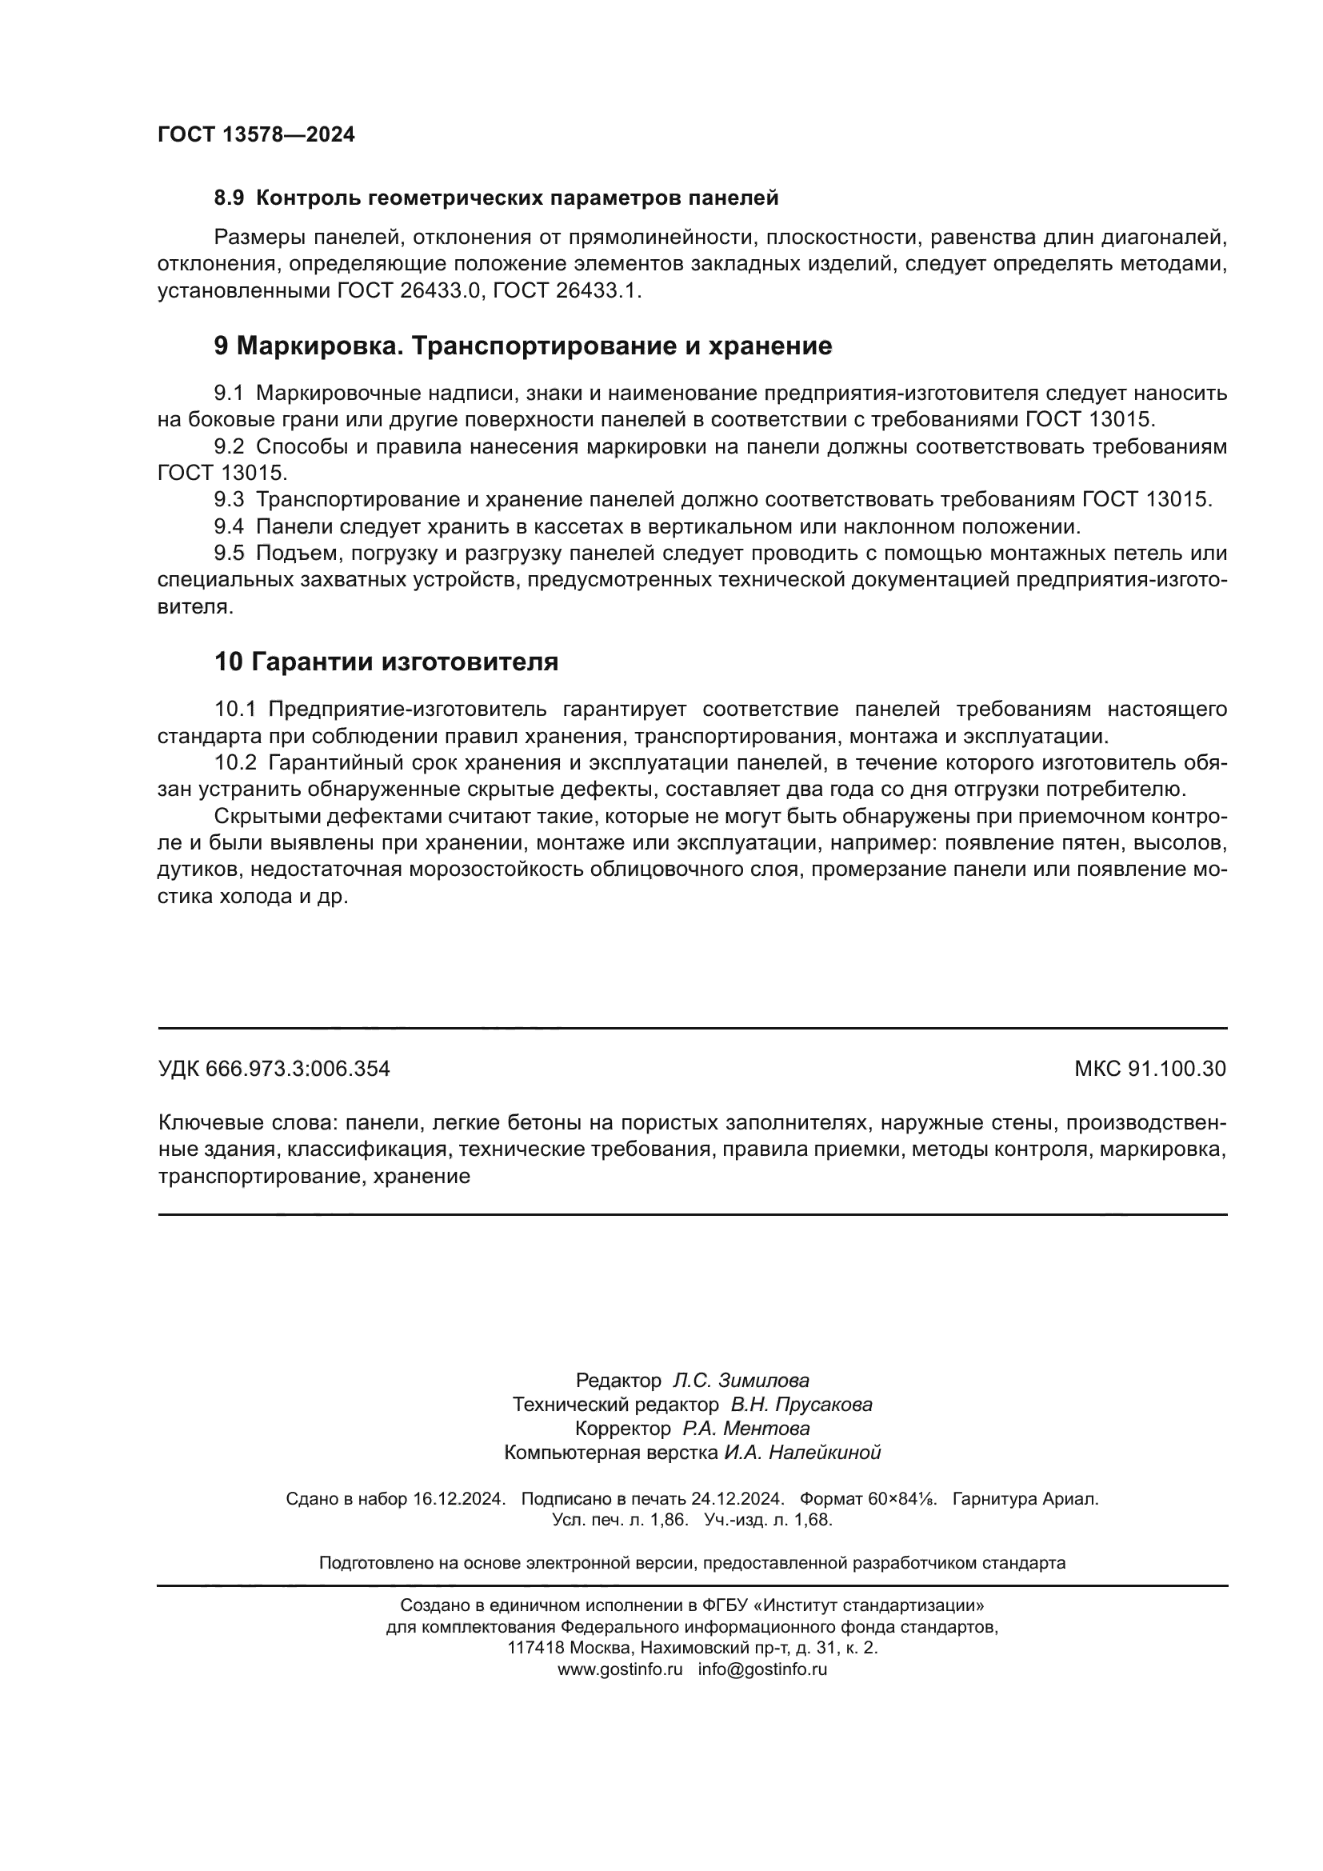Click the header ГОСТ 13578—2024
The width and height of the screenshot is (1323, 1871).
256,135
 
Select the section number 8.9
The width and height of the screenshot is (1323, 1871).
228,198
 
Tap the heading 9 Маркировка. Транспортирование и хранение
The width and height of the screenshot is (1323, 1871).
522,346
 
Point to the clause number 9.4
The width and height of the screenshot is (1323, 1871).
228,526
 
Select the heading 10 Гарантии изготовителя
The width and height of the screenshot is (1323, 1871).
386,662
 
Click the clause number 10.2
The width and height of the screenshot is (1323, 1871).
234,763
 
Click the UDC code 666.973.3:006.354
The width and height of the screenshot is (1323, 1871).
298,1069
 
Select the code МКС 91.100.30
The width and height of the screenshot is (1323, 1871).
1149,1069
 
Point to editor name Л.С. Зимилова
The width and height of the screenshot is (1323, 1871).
741,1381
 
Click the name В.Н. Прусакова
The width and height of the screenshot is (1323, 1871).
801,1404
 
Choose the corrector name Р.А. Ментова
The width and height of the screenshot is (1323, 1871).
746,1429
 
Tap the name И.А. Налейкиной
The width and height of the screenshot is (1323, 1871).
801,1452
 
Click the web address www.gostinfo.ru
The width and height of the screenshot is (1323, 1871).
620,1669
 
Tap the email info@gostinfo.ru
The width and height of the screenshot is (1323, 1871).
762,1669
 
